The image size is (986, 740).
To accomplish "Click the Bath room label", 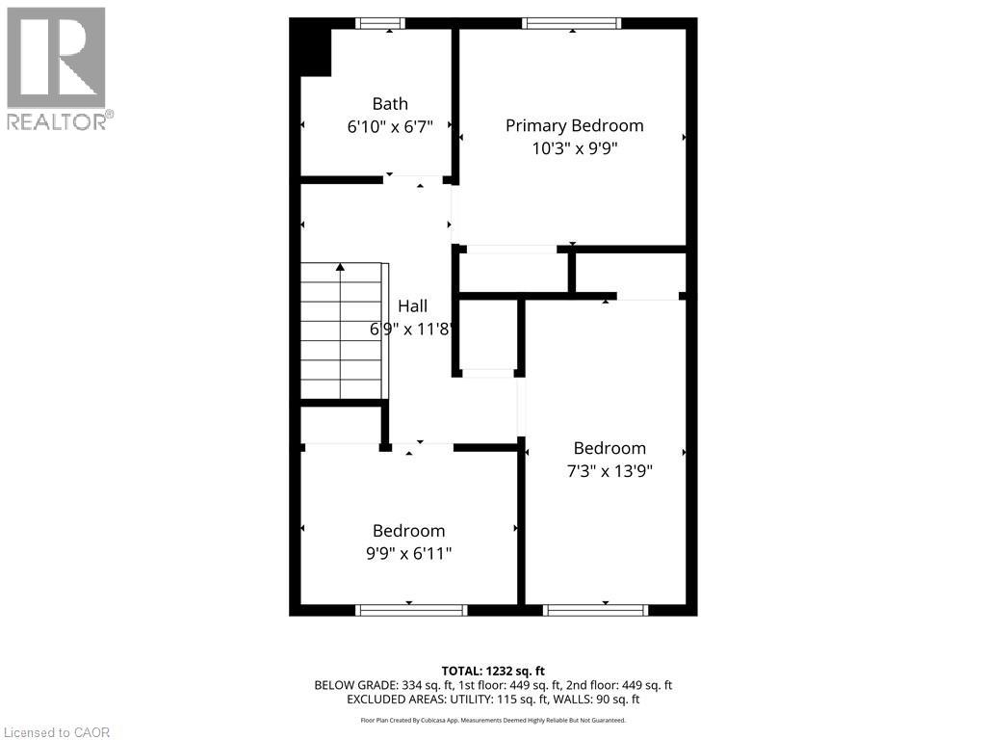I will pos(390,104).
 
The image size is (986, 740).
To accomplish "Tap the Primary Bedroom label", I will pos(574,125).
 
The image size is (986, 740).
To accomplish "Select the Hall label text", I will pos(412,306).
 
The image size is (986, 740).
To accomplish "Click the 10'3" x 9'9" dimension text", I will pos(574,148).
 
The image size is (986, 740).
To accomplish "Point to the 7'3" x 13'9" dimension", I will pos(610,471).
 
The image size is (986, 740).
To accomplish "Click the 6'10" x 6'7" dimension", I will pos(390,126).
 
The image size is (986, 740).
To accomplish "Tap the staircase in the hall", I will pos(343,332).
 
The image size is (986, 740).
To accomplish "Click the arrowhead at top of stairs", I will pos(341,267).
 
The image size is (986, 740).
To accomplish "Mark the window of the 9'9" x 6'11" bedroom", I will pos(411,609).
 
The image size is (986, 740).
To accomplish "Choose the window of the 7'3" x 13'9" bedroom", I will pos(596,609).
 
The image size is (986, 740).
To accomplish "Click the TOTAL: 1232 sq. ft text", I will pos(493,671).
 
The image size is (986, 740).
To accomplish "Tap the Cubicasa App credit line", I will pos(493,720).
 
